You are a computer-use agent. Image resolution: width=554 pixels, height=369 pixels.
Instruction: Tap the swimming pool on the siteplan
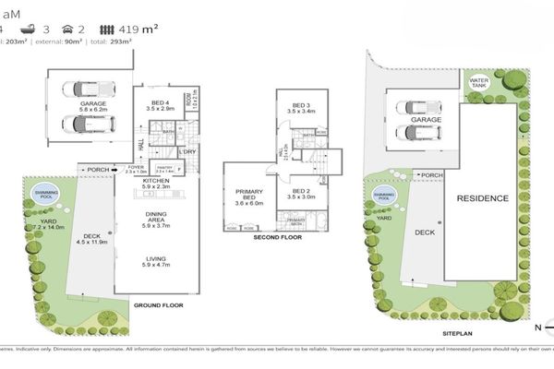tap(384, 196)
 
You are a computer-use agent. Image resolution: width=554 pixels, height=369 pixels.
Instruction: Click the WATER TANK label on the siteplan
tap(478, 81)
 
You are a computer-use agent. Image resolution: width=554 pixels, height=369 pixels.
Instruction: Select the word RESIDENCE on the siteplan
tap(482, 198)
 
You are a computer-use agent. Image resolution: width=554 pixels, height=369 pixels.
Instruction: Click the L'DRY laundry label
tap(187, 151)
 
